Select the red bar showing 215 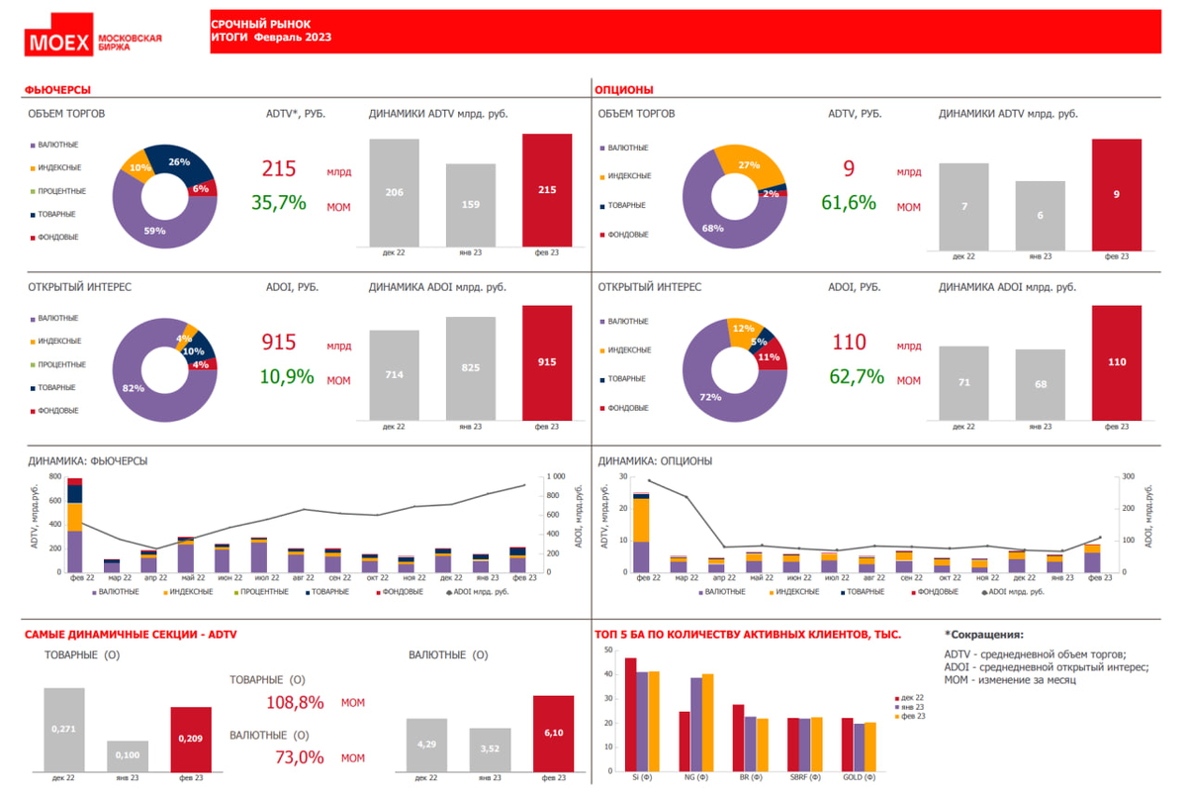pyautogui.click(x=547, y=190)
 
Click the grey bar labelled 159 pyautogui.click(x=471, y=205)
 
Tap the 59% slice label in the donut pyautogui.click(x=154, y=231)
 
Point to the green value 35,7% pyautogui.click(x=279, y=203)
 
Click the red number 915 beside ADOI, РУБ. pyautogui.click(x=279, y=343)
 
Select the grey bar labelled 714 pyautogui.click(x=394, y=375)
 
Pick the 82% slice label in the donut pyautogui.click(x=134, y=389)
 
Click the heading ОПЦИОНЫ pyautogui.click(x=624, y=90)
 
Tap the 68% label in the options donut pyautogui.click(x=712, y=229)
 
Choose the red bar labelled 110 pyautogui.click(x=1117, y=362)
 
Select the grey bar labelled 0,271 pyautogui.click(x=64, y=730)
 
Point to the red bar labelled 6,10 pyautogui.click(x=553, y=734)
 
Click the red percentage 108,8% pyautogui.click(x=295, y=702)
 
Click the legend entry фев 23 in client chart pyautogui.click(x=912, y=716)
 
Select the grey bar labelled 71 pyautogui.click(x=963, y=382)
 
